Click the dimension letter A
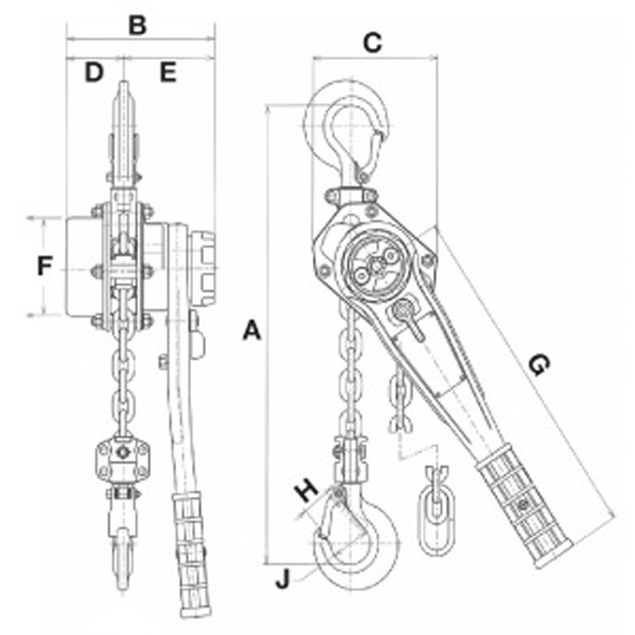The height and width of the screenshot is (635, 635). (x=252, y=331)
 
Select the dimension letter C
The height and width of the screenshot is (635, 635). (x=372, y=42)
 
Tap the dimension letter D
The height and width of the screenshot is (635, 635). (x=93, y=72)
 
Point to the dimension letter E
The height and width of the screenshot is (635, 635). (x=168, y=72)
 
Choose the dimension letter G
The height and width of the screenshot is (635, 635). (x=537, y=365)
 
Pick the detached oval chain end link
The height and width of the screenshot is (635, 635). (x=434, y=507)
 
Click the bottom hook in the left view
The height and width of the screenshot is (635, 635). (x=122, y=559)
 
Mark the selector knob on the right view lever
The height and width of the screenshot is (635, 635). (x=403, y=314)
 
